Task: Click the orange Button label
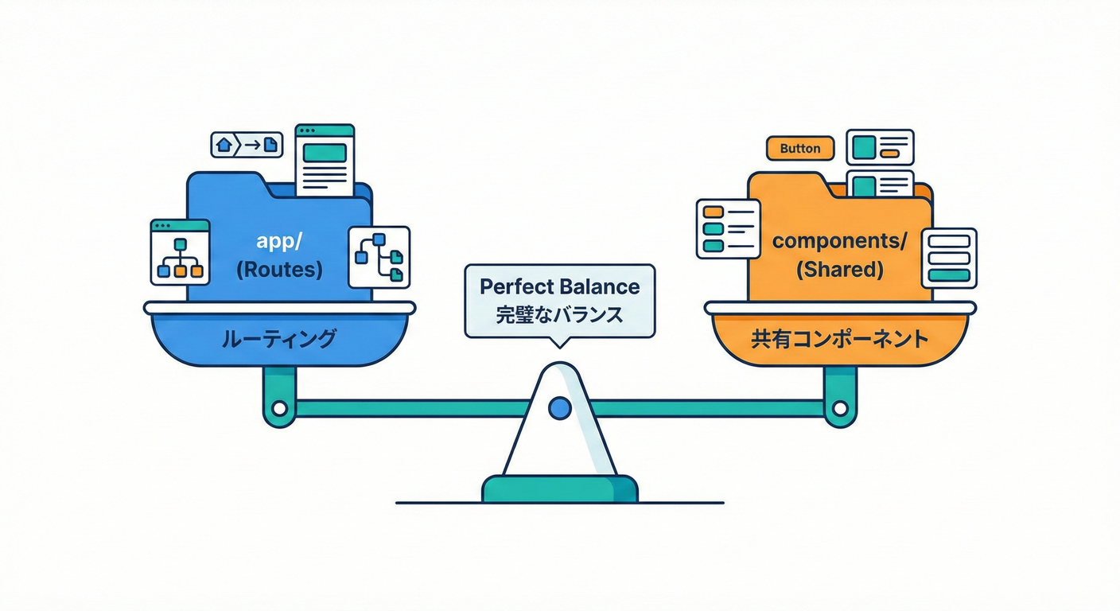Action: pyautogui.click(x=799, y=149)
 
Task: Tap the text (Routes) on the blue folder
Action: pyautogui.click(x=279, y=270)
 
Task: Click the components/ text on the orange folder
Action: pyautogui.click(x=840, y=242)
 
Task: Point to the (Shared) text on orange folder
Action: pyautogui.click(x=840, y=270)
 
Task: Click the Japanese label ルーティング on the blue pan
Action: pyautogui.click(x=278, y=339)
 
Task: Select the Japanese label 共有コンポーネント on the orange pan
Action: pyautogui.click(x=840, y=339)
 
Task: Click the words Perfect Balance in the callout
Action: pyautogui.click(x=559, y=286)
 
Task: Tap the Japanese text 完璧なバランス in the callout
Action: pyautogui.click(x=559, y=313)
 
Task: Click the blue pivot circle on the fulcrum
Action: pyautogui.click(x=560, y=408)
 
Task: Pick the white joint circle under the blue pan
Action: pyautogui.click(x=279, y=409)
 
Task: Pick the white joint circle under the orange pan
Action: pyautogui.click(x=840, y=409)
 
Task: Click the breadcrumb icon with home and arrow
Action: pyautogui.click(x=247, y=145)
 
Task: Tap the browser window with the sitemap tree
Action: pyautogui.click(x=180, y=252)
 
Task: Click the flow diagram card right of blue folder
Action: pyautogui.click(x=379, y=256)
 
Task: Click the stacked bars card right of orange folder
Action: pyautogui.click(x=948, y=258)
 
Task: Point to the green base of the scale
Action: pyautogui.click(x=559, y=488)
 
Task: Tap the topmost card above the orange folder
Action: pyautogui.click(x=880, y=147)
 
